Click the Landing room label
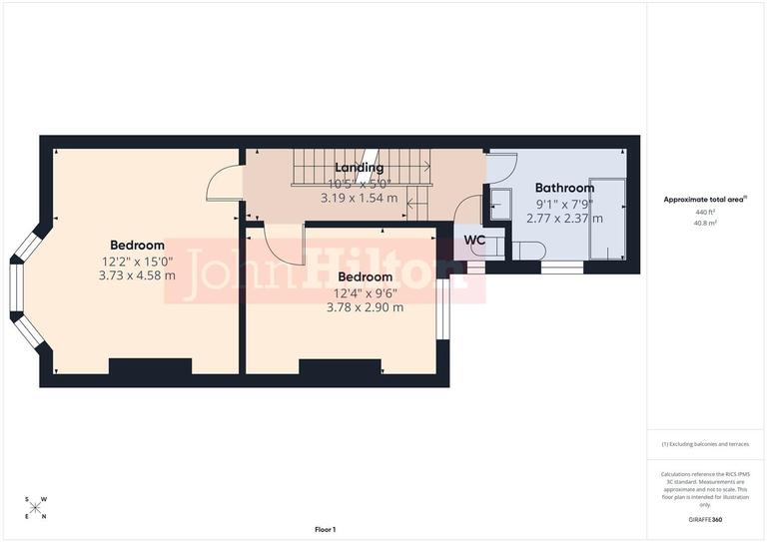pos(359,168)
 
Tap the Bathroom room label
pos(564,188)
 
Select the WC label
pos(475,240)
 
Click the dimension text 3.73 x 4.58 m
pos(137,275)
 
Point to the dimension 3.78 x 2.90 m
pos(365,307)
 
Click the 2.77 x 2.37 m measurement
pos(564,218)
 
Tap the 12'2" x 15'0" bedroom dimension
pos(137,261)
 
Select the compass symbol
pos(35,507)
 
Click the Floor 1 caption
pos(326,529)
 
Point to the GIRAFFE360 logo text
pos(705,520)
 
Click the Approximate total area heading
pos(705,200)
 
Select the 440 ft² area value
pos(705,213)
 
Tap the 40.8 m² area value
pos(705,223)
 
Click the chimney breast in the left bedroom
pos(150,366)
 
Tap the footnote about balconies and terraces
pos(705,444)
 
